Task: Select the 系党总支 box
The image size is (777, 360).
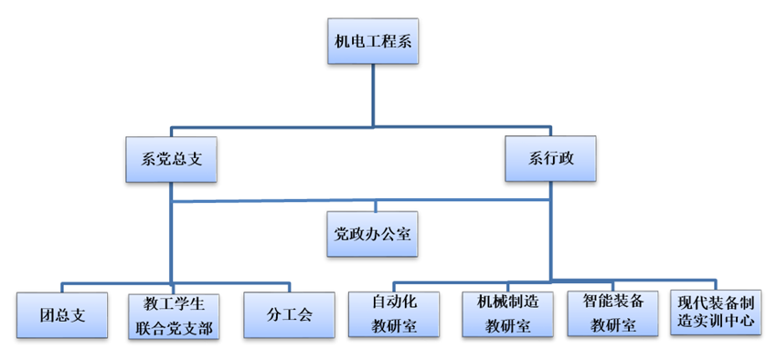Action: point(172,159)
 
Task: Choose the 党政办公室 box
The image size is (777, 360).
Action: point(372,233)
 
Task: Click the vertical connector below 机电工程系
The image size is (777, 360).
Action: point(373,96)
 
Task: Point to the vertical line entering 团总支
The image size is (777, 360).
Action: point(61,287)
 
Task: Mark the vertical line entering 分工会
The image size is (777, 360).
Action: point(289,287)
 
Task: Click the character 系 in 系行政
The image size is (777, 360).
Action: point(536,159)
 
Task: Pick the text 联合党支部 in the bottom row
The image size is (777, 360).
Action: point(175,327)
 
